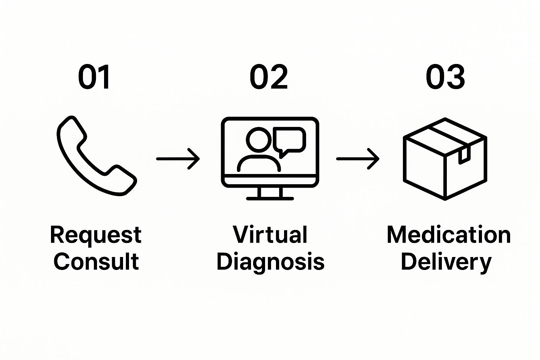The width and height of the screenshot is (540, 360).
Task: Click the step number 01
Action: click(x=94, y=77)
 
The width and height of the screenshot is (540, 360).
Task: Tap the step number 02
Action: click(x=269, y=77)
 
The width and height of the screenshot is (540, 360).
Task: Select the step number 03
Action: click(x=445, y=77)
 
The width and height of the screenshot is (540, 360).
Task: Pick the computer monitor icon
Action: click(x=270, y=158)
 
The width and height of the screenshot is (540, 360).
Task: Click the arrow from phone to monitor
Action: click(x=178, y=159)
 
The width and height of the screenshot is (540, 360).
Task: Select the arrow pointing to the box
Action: click(x=358, y=159)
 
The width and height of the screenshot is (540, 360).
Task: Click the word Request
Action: click(x=96, y=235)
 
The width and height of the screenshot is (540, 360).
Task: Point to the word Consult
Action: click(x=96, y=262)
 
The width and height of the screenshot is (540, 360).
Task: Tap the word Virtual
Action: click(x=270, y=234)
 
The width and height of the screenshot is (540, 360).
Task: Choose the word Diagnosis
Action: click(x=270, y=262)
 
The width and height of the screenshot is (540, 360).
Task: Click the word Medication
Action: click(x=449, y=234)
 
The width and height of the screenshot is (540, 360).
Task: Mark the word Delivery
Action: click(x=446, y=262)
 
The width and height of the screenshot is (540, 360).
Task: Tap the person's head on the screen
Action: click(x=258, y=140)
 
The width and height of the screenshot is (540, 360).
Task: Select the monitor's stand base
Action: click(x=270, y=199)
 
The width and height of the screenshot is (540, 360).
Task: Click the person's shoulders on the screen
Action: click(x=259, y=164)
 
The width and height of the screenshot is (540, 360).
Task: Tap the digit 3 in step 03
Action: click(x=455, y=77)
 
